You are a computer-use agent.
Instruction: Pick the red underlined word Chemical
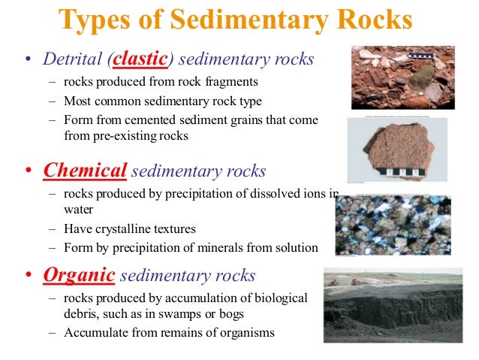[85, 171]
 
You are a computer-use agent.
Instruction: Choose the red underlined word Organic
[79, 275]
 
